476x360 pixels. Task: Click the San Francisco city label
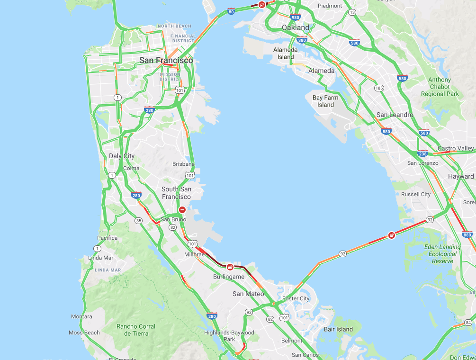166,60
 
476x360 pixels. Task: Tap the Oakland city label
296,27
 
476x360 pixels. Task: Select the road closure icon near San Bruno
182,209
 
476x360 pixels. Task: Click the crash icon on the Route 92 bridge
392,235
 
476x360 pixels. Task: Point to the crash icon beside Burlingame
230,267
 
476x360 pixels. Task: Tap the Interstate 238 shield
423,154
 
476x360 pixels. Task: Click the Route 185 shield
379,88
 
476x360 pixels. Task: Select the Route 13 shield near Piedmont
352,12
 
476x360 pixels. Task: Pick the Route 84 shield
468,323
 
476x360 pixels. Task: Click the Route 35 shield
138,220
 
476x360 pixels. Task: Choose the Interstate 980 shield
296,18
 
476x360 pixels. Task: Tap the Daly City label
122,156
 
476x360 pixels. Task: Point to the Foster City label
296,298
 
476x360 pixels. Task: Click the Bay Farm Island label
325,101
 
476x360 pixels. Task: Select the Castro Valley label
455,148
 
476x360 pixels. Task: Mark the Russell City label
416,194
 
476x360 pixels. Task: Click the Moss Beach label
84,333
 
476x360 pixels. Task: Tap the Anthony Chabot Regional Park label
440,87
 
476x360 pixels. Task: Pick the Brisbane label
183,164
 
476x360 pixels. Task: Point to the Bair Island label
338,329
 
